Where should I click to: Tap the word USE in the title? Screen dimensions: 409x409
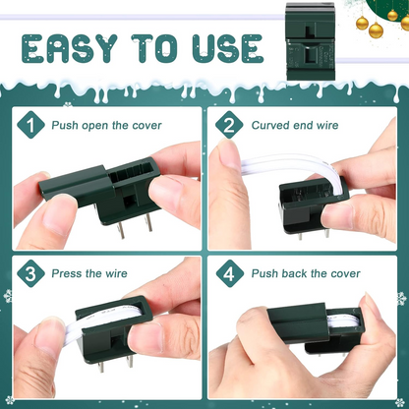pos(228,48)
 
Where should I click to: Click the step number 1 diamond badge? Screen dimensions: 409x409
pos(30,125)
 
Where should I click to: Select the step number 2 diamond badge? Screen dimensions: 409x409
pos(229,125)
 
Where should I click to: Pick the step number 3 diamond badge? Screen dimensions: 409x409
pos(30,273)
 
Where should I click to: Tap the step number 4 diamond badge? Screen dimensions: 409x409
pos(230,273)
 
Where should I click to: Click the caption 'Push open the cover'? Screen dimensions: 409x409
pos(106,126)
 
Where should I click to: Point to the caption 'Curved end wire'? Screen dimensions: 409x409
pos(295,125)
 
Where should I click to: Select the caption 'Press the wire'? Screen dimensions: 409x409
pos(89,273)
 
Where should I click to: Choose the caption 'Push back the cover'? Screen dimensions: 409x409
pos(306,273)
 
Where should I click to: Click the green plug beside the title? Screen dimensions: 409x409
pos(311,41)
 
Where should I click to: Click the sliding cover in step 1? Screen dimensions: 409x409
pos(77,185)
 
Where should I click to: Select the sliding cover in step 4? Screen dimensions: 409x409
pos(298,322)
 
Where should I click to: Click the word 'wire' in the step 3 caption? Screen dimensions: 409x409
pos(116,273)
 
